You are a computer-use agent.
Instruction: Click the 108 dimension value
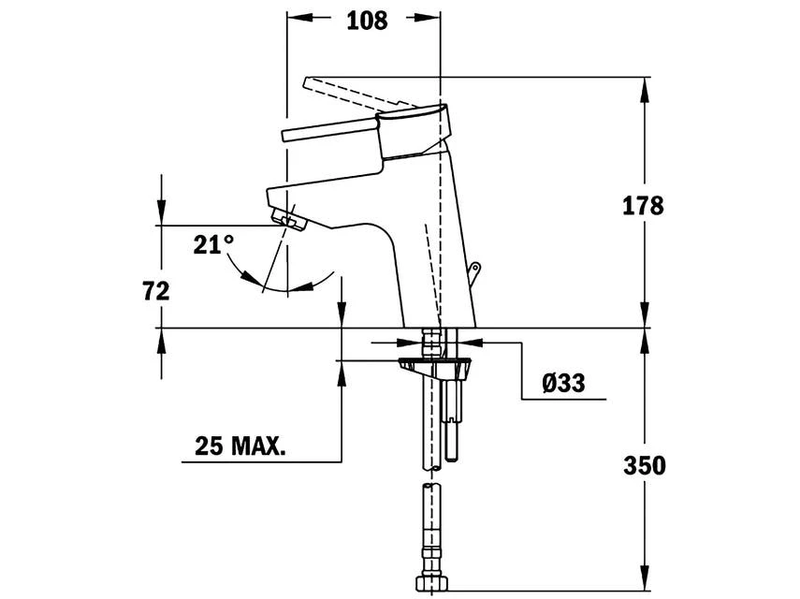tap(367, 21)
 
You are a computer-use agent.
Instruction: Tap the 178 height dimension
tap(643, 206)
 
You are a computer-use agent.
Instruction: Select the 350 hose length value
tap(645, 465)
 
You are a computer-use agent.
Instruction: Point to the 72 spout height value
tap(156, 291)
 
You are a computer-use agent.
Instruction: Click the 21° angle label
tap(213, 245)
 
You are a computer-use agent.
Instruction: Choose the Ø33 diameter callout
tap(564, 383)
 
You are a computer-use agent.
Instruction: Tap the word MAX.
tap(258, 446)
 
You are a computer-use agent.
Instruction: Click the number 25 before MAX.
tap(210, 446)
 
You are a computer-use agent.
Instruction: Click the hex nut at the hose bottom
tap(430, 583)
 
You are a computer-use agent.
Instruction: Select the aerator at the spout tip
tap(289, 219)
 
